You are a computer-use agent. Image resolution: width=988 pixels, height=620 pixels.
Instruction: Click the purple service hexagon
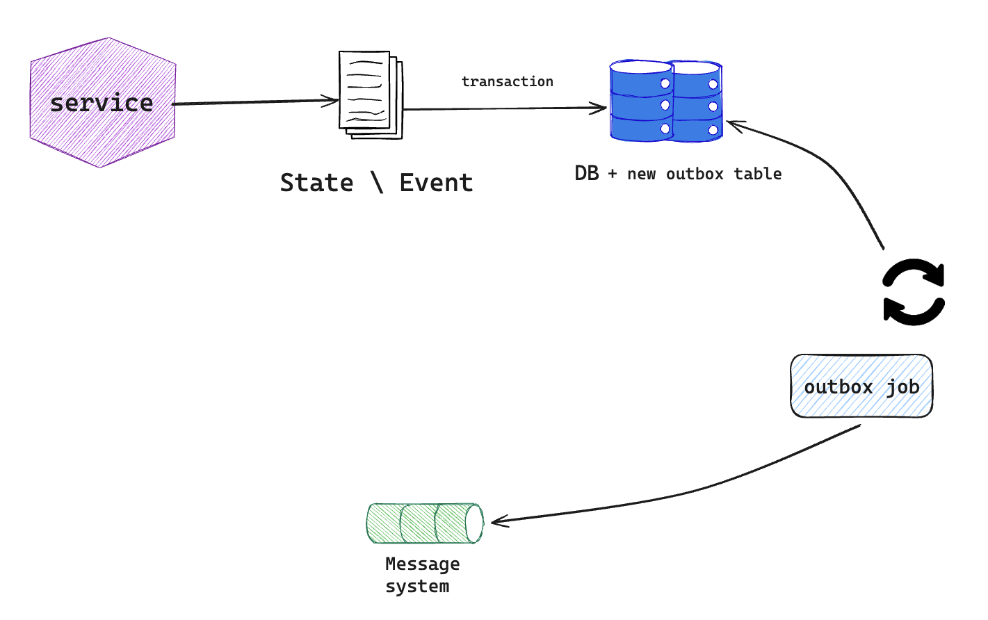(x=103, y=103)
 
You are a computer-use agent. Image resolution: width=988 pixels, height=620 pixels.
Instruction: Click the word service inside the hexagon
(x=102, y=103)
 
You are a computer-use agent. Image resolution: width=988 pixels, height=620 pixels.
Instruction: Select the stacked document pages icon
(x=371, y=95)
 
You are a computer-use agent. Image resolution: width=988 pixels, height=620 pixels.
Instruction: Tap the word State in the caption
(x=316, y=183)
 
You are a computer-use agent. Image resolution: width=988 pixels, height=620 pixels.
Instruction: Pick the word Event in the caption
(x=436, y=183)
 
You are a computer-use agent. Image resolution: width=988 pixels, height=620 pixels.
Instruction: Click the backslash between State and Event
(x=378, y=183)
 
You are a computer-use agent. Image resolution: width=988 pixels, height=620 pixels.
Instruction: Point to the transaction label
(x=508, y=81)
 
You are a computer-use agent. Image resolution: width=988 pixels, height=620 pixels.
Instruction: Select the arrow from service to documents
(x=255, y=102)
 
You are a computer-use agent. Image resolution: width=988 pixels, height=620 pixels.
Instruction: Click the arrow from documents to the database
(x=505, y=108)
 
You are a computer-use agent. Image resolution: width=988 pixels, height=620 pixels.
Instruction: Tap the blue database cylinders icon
(x=665, y=101)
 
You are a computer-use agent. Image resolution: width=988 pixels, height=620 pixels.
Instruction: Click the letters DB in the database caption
(x=587, y=173)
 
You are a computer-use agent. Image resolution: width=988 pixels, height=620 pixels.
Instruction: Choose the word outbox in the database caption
(x=695, y=174)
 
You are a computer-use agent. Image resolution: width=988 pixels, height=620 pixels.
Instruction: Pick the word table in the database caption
(x=758, y=174)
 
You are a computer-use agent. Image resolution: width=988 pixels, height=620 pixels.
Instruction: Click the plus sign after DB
(x=613, y=174)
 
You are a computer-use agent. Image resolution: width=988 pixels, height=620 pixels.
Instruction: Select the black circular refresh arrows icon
(x=914, y=292)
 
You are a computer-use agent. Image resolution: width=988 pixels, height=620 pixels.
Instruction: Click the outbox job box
(x=861, y=386)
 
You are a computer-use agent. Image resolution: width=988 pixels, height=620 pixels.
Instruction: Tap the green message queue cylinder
(x=425, y=523)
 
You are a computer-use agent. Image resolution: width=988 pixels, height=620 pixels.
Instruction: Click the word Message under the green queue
(x=423, y=564)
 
